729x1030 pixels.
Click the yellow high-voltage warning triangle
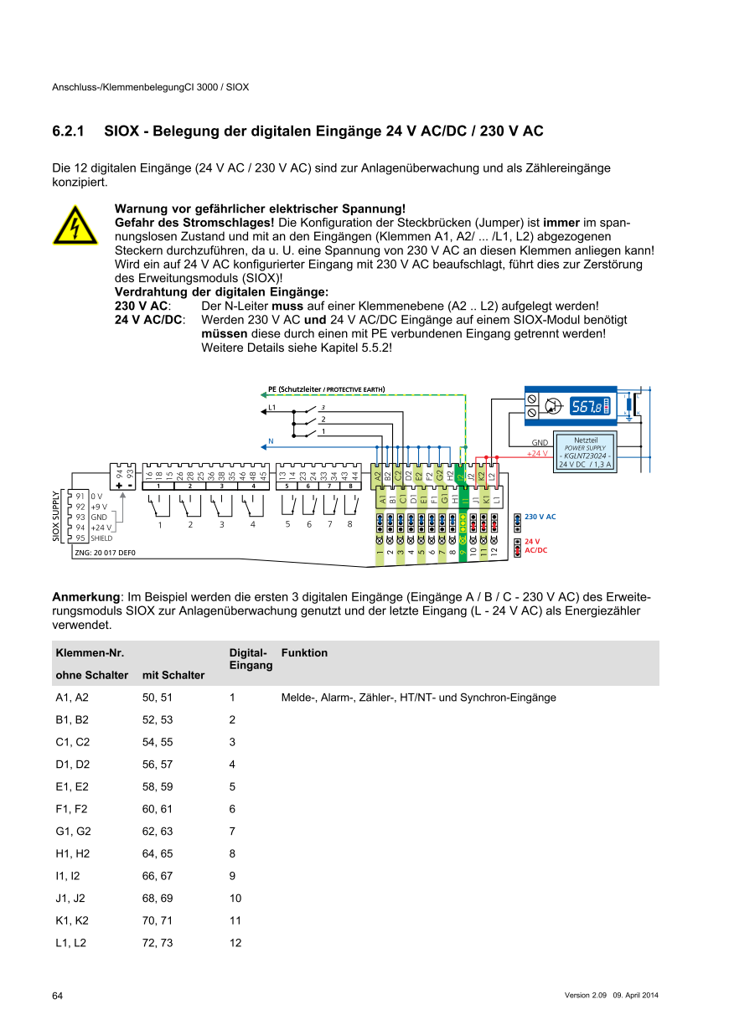pyautogui.click(x=75, y=224)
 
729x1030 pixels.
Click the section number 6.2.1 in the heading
pyautogui.click(x=70, y=131)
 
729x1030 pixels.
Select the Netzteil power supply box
pyautogui.click(x=586, y=451)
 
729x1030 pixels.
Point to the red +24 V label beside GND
pyautogui.click(x=536, y=453)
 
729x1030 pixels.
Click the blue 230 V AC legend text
pyautogui.click(x=540, y=518)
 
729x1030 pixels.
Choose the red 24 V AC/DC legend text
pyautogui.click(x=535, y=546)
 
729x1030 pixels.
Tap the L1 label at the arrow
pyautogui.click(x=272, y=407)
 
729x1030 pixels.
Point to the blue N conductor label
pyautogui.click(x=271, y=440)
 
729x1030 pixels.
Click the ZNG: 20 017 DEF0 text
pyautogui.click(x=105, y=553)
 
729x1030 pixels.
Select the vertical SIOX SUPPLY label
pyautogui.click(x=57, y=517)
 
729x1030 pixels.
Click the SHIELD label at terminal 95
pyautogui.click(x=102, y=538)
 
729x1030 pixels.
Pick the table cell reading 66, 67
pyautogui.click(x=158, y=876)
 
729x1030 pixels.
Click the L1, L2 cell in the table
pyautogui.click(x=71, y=943)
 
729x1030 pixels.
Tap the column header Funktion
pyautogui.click(x=305, y=653)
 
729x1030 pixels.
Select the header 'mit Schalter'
pyautogui.click(x=173, y=675)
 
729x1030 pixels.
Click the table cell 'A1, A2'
pyautogui.click(x=72, y=698)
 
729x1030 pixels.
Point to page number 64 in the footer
pyautogui.click(x=58, y=995)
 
